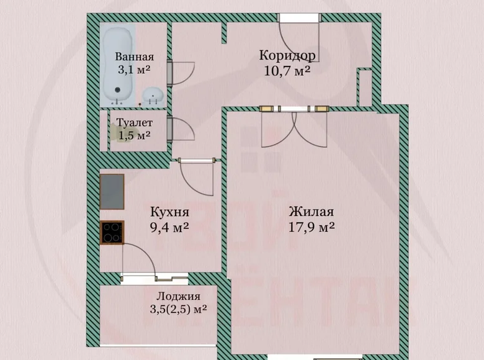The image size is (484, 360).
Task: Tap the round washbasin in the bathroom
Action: click(153, 96)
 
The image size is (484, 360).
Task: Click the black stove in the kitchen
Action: click(112, 233)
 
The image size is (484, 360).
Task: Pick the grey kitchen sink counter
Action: click(112, 191)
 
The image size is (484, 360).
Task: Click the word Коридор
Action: click(287, 56)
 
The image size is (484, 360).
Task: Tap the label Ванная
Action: click(134, 58)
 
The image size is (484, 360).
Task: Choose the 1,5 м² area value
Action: click(135, 135)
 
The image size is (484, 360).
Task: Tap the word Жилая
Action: click(311, 212)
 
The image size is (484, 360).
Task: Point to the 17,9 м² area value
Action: click(311, 227)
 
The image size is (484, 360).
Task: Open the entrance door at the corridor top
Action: click(298, 31)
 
